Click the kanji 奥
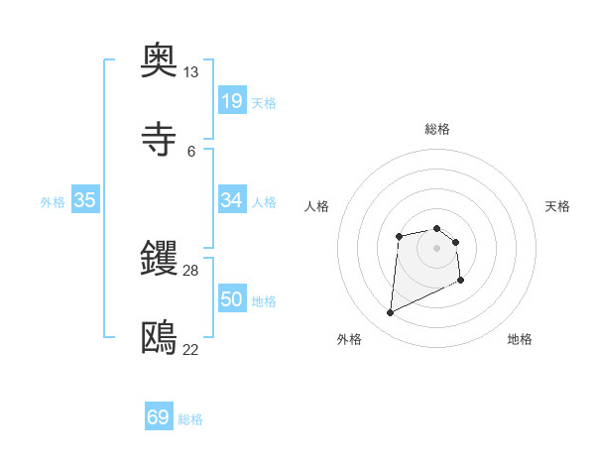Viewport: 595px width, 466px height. (160, 60)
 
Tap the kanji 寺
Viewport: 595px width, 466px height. (160, 139)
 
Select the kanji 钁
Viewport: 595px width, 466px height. (160, 259)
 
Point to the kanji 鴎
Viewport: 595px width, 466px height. (160, 338)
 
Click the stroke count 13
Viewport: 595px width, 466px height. (190, 72)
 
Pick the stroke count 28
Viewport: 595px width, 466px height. (190, 271)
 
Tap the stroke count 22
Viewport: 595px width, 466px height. (190, 349)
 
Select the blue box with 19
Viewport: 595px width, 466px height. (231, 101)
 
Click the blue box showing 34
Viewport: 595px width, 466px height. (231, 200)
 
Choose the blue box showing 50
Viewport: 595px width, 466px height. (231, 299)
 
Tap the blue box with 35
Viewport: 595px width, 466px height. (85, 200)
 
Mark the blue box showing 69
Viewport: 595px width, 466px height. (159, 417)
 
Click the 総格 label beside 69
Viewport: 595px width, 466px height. (190, 419)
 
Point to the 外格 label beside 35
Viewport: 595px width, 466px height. (53, 202)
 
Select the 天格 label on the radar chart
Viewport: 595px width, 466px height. (557, 206)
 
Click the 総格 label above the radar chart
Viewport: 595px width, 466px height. (437, 129)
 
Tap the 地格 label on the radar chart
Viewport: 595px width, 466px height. (520, 339)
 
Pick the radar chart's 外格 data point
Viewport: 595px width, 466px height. (391, 313)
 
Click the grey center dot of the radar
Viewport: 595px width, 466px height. (437, 248)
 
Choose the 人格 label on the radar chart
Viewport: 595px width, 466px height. (316, 206)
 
